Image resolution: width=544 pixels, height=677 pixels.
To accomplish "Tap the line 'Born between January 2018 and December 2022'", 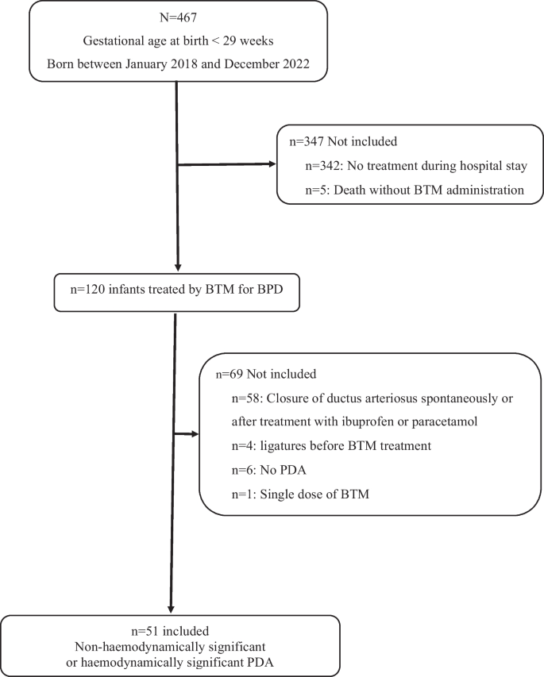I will [x=178, y=63].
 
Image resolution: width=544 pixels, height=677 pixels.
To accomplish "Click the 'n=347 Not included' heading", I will [x=334, y=142].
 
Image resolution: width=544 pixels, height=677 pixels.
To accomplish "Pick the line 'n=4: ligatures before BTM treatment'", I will [x=332, y=445].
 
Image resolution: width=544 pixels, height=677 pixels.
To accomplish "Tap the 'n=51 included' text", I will [x=172, y=632].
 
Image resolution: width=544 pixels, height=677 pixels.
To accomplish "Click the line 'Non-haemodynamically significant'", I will [x=172, y=647].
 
